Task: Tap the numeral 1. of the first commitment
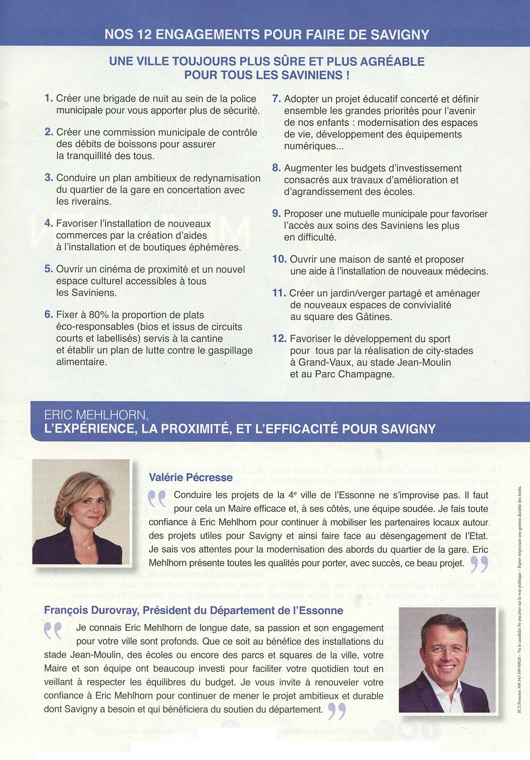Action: click(x=48, y=98)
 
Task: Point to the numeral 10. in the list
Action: click(x=279, y=259)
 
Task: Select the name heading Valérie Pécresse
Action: click(x=190, y=478)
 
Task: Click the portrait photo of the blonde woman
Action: click(x=81, y=512)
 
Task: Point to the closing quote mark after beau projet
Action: click(x=479, y=565)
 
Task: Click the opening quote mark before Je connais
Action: click(x=53, y=631)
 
